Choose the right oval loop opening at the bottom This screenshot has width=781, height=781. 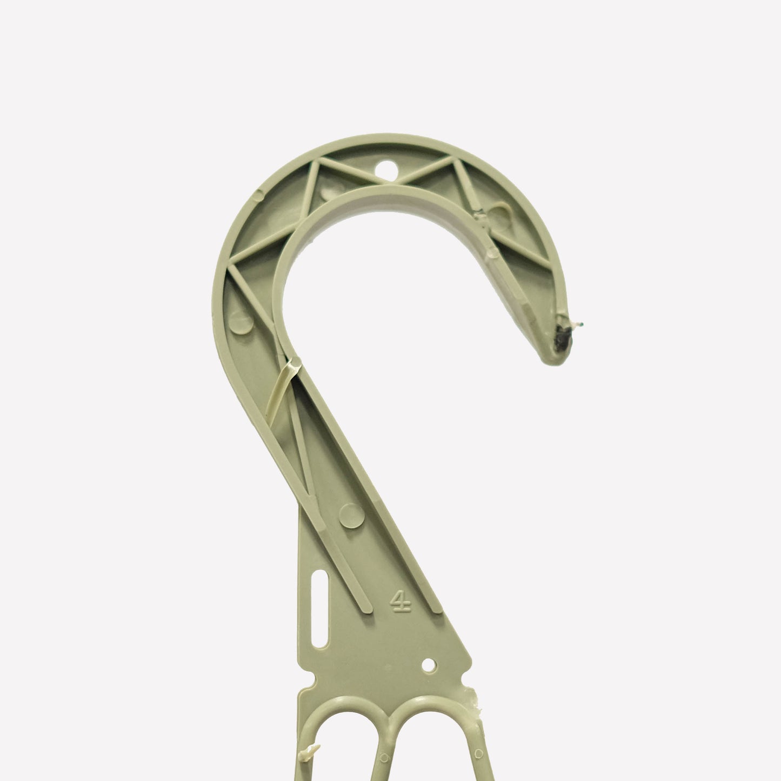pyautogui.click(x=433, y=746)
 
